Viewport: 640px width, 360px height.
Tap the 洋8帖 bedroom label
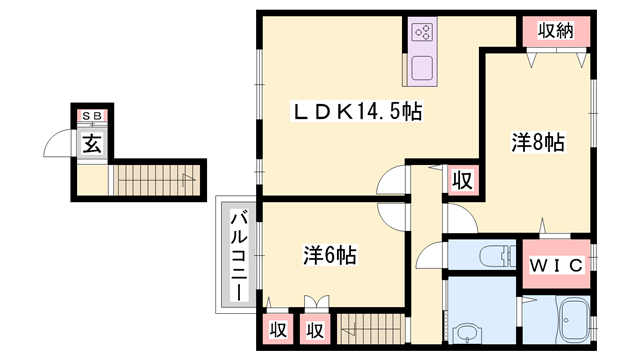point(538,143)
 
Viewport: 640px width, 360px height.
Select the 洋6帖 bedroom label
point(329,256)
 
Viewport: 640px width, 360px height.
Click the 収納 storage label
point(557,31)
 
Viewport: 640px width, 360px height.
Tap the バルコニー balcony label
point(240,256)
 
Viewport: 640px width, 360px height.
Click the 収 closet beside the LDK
point(461,180)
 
